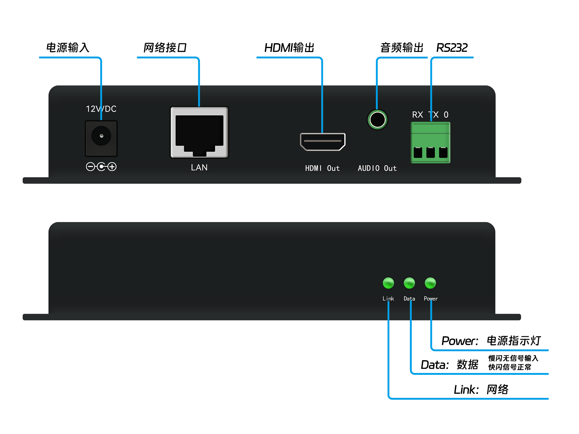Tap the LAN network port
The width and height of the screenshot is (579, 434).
coord(199,132)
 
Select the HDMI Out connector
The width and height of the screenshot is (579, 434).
coord(323,142)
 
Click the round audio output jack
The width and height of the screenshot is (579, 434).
coord(377,120)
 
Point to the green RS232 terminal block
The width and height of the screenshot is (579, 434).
coord(430,143)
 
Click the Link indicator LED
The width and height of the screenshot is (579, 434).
coord(388,283)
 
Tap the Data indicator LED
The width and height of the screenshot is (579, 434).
coord(409,283)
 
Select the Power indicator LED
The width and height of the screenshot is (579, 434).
coord(430,283)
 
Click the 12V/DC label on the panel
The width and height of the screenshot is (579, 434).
coord(101,109)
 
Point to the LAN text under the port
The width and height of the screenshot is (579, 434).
coord(199,168)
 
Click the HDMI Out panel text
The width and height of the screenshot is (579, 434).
coord(322,168)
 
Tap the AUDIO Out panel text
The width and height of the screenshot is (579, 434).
coord(377,168)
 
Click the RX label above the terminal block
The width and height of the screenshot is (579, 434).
coord(418,115)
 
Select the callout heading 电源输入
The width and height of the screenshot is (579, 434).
coord(68,48)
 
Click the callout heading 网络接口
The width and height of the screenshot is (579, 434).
coord(165,48)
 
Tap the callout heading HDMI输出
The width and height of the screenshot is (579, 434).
coord(289,48)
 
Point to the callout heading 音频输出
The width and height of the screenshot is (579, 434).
coord(402,48)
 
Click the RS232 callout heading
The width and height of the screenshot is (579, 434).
coord(452,48)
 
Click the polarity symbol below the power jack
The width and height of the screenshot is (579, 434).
coord(101,167)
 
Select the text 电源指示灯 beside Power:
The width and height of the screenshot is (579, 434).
coord(514,341)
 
